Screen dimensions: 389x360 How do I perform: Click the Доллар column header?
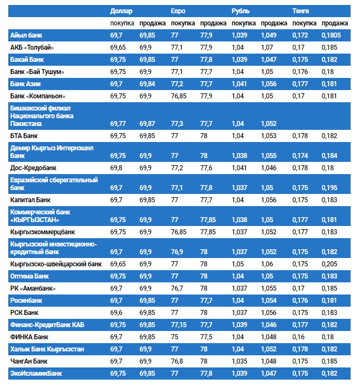(121, 11)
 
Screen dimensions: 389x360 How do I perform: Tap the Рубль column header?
(241, 11)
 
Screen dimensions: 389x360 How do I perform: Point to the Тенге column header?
(301, 11)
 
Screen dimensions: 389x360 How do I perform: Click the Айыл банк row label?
(25, 35)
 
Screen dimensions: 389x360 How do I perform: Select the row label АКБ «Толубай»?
(32, 48)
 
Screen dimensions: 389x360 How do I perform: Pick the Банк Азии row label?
(25, 84)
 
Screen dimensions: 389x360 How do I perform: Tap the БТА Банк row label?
(24, 135)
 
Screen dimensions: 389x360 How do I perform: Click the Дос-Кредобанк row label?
(33, 167)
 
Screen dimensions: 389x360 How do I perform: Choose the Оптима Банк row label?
(30, 276)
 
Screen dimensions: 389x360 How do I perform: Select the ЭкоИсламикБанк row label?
(36, 374)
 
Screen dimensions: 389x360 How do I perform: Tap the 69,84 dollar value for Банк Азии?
(148, 84)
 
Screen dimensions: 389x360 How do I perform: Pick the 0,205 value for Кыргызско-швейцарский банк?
(330, 264)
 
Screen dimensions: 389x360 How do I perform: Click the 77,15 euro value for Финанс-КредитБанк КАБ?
(179, 324)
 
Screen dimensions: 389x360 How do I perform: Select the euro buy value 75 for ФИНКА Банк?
(174, 337)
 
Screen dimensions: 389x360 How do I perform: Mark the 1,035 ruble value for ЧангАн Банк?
(240, 361)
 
